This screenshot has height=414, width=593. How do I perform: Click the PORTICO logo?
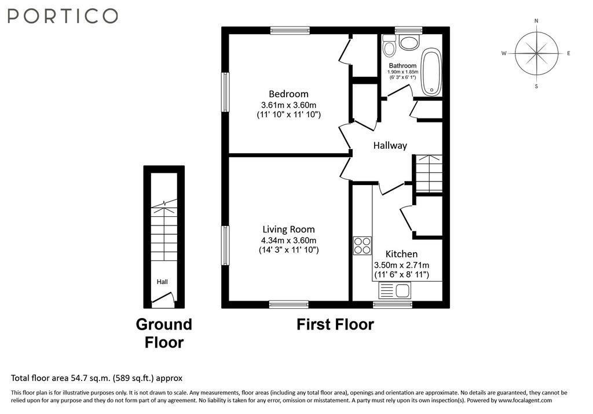click(x=63, y=16)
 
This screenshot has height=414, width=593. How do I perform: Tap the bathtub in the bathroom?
click(x=431, y=72)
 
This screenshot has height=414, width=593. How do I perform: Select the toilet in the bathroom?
click(x=389, y=45)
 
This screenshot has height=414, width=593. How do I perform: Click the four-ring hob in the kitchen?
click(x=363, y=246)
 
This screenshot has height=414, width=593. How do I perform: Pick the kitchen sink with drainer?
click(x=394, y=291)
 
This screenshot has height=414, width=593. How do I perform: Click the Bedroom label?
click(x=288, y=94)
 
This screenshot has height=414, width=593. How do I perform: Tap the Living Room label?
click(x=288, y=230)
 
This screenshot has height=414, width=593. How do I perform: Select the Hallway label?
click(x=390, y=146)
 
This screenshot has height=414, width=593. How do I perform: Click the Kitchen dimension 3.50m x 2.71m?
click(x=401, y=265)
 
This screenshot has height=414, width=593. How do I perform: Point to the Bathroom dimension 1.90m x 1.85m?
click(x=403, y=72)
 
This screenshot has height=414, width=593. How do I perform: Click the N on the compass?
click(x=536, y=21)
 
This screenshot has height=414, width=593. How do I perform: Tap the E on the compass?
click(x=569, y=53)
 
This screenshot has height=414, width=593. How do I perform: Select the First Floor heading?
click(x=335, y=324)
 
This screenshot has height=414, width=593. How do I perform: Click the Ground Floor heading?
click(x=164, y=333)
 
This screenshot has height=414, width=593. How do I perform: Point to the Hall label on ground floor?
click(x=162, y=282)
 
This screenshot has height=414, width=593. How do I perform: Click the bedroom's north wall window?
click(x=290, y=30)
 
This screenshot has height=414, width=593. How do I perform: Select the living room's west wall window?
click(x=225, y=246)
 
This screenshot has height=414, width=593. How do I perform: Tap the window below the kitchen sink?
click(x=393, y=305)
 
